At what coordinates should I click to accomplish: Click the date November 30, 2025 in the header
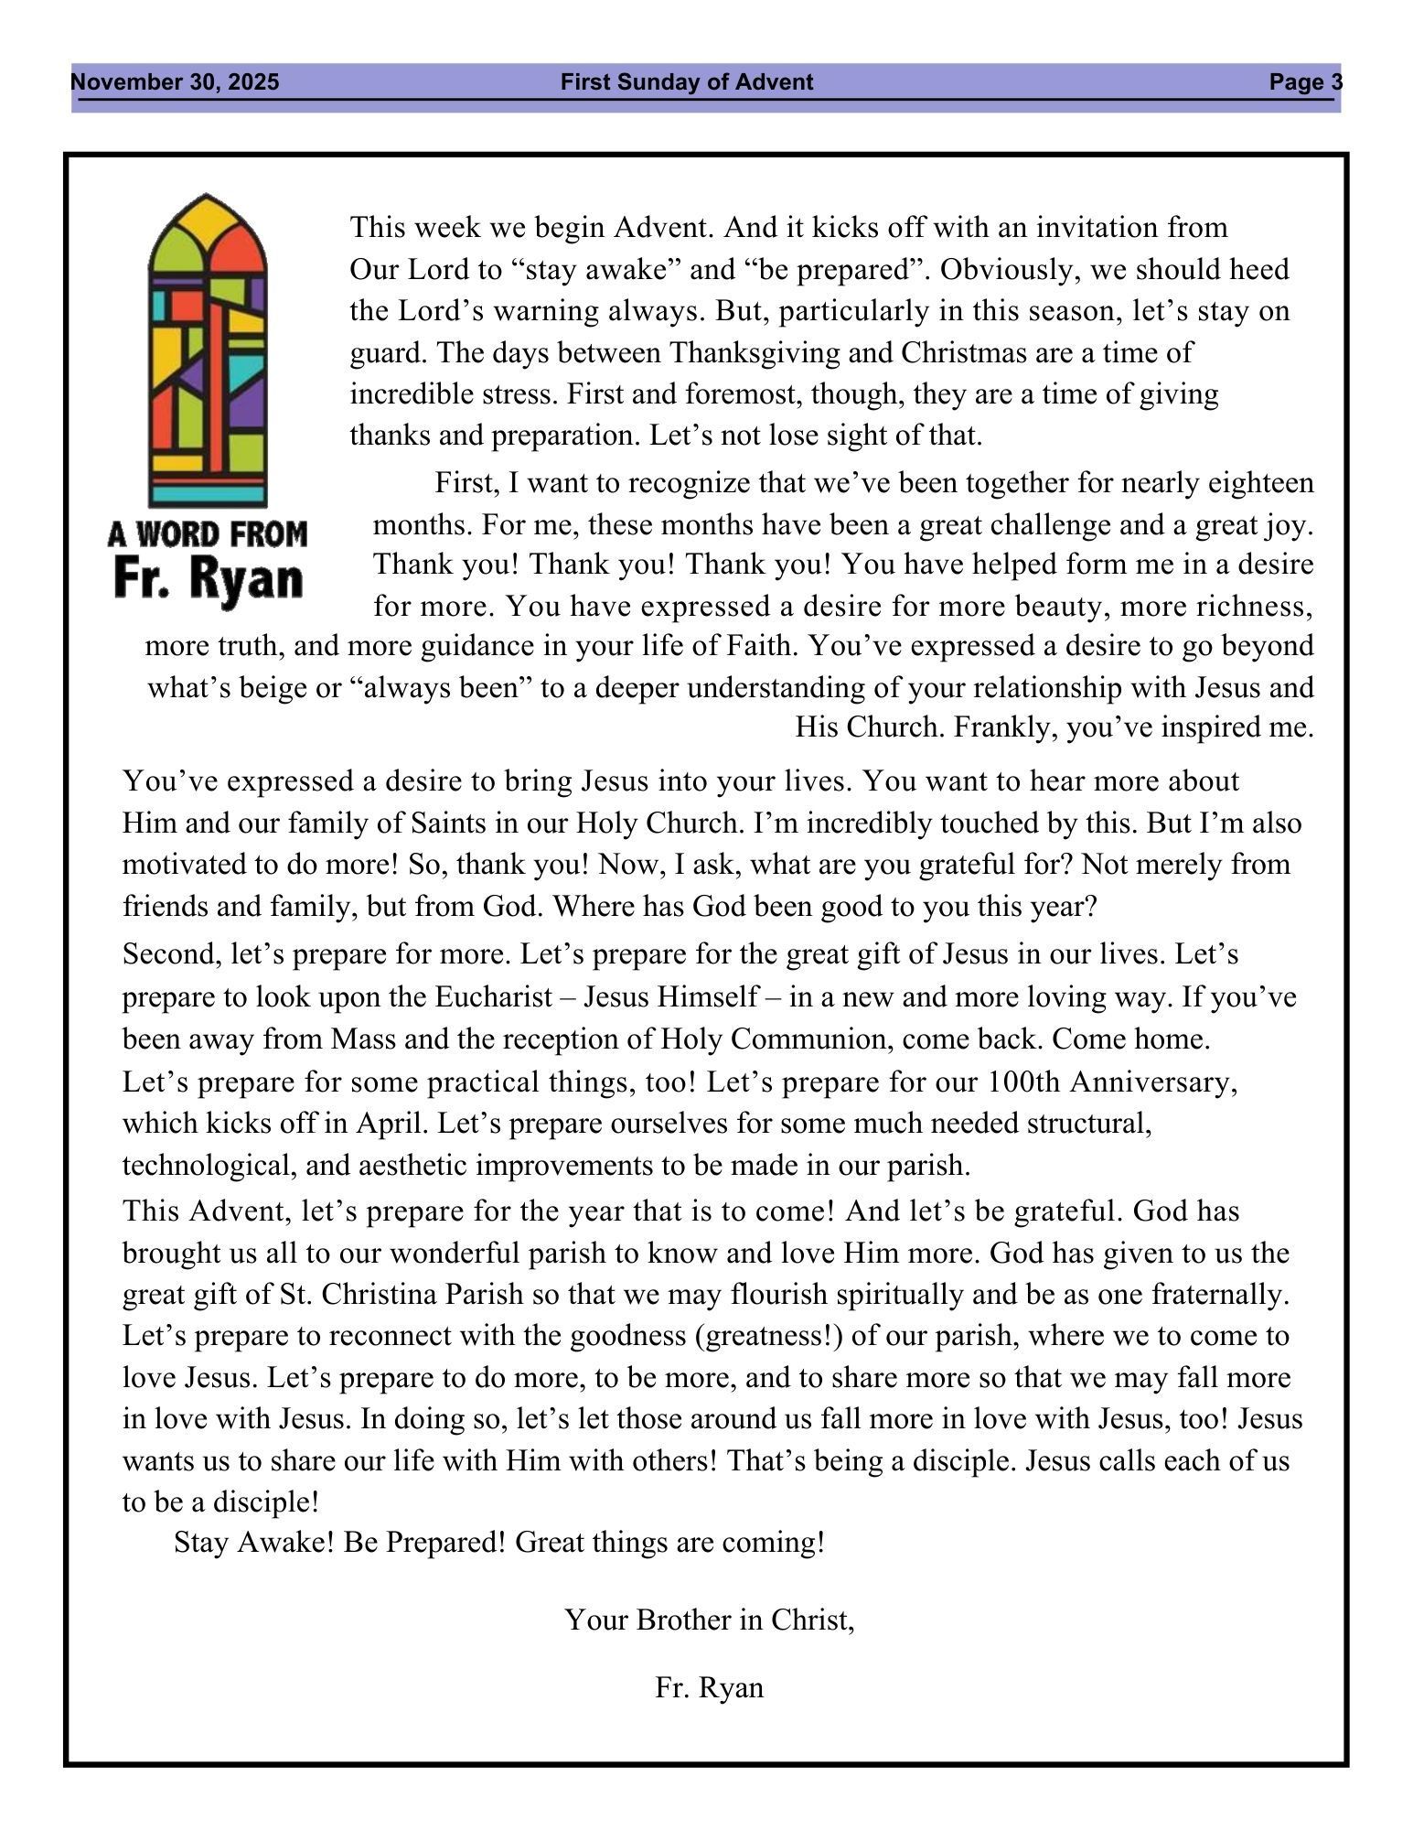(175, 83)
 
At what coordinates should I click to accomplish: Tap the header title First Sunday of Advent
(686, 83)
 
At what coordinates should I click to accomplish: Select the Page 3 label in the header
(1305, 83)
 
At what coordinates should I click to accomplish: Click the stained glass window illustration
(208, 350)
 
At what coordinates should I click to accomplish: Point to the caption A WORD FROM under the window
(208, 533)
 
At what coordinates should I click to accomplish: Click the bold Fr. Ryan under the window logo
(208, 580)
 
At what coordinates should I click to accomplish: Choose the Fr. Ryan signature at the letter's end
(709, 1687)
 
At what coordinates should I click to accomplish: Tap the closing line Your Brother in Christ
(709, 1620)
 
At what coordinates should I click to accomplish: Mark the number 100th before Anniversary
(1023, 1082)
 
